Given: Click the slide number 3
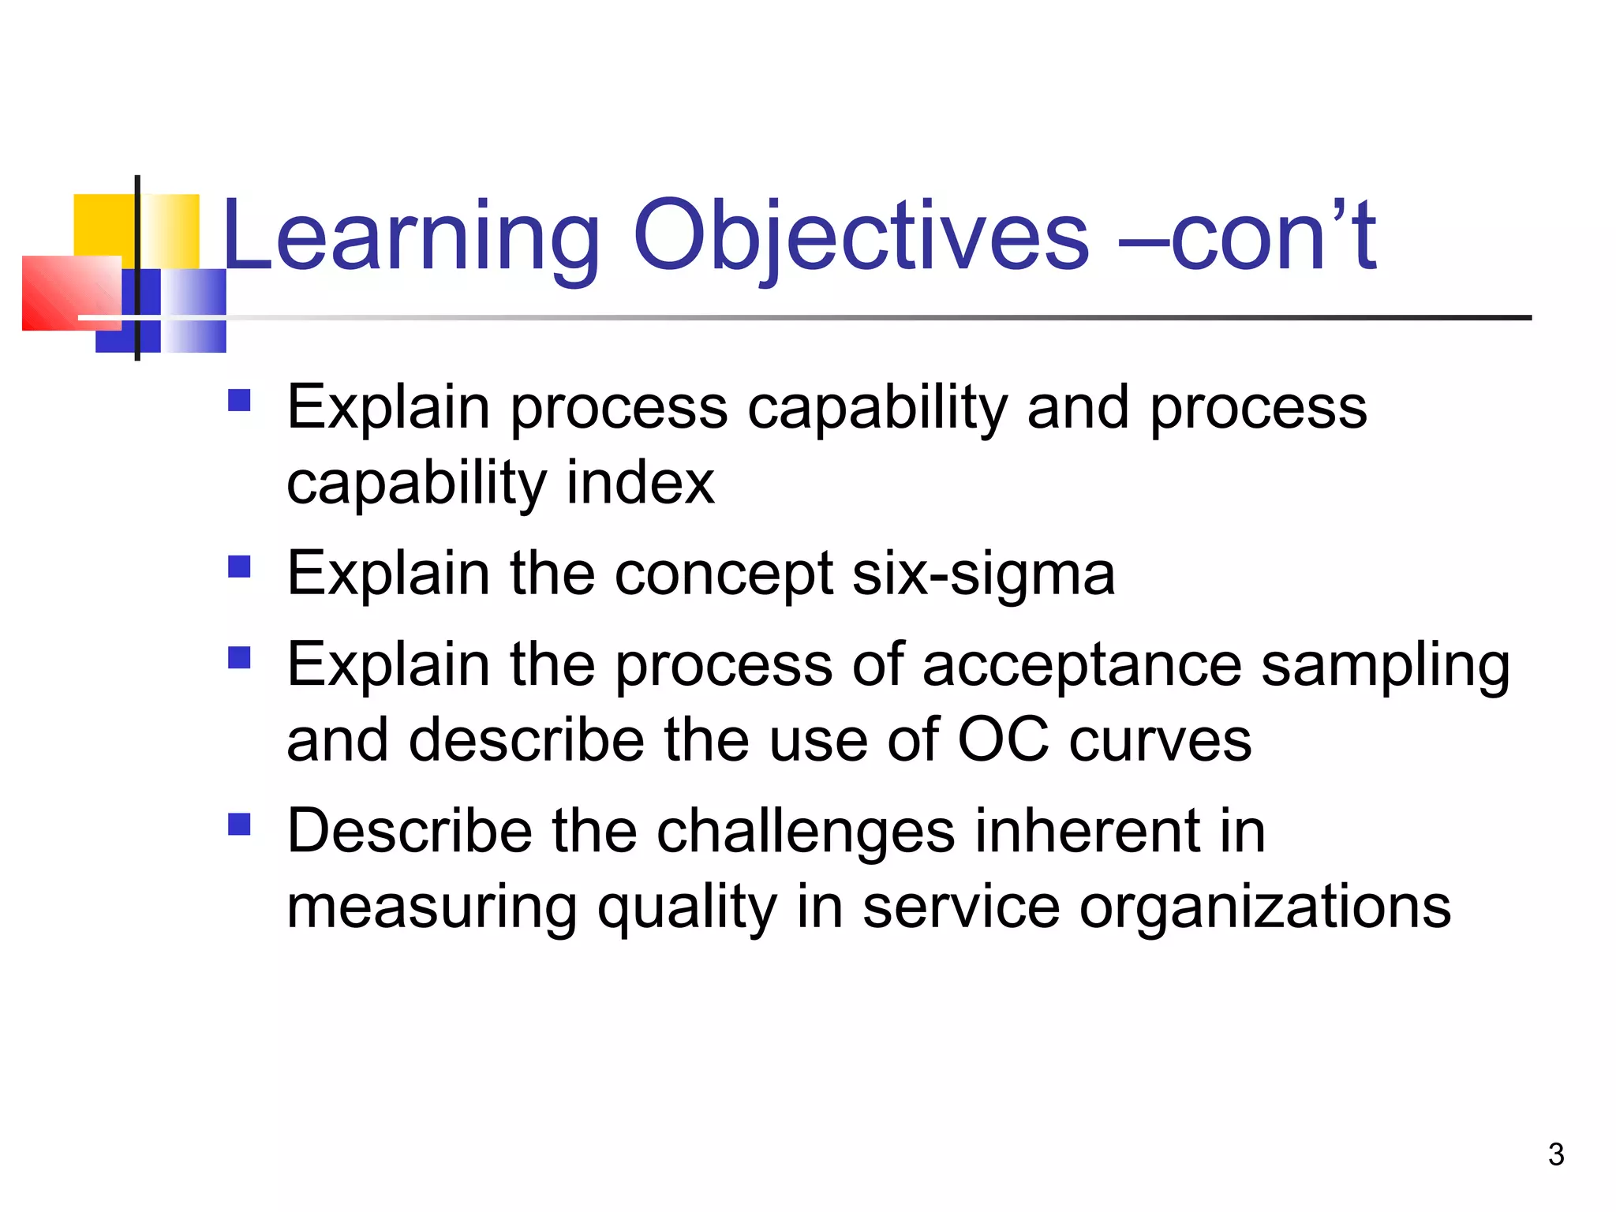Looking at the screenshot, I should click(1555, 1155).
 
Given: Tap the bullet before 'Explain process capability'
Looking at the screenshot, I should click(239, 401).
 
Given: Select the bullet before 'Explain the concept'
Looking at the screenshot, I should click(239, 567).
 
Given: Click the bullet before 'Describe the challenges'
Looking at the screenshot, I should click(239, 825).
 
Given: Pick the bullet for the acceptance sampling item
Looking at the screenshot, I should click(239, 658).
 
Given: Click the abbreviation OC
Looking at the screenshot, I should click(1002, 740).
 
